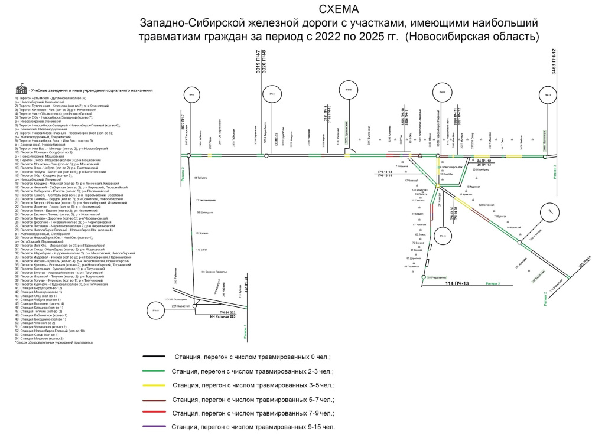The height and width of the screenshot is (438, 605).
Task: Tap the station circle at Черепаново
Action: pos(424,277)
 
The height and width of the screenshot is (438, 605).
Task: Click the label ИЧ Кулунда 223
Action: pos(223,317)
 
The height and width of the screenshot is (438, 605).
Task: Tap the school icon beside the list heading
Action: pos(22,89)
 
